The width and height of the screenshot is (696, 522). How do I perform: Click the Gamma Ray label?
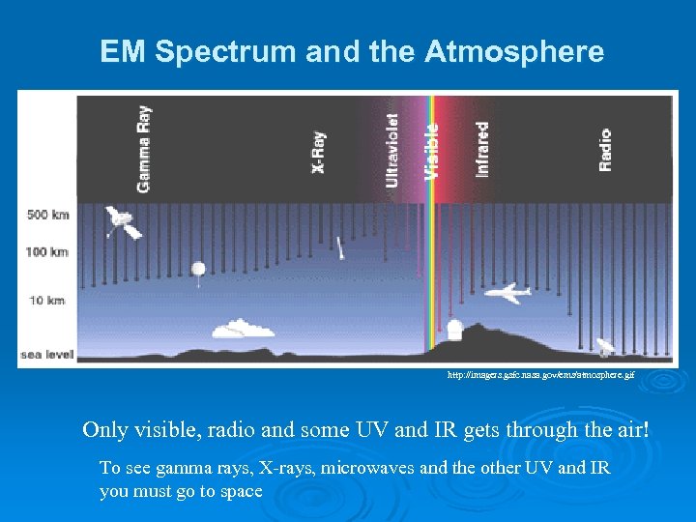(x=143, y=148)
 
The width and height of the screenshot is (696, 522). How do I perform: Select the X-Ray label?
(x=318, y=153)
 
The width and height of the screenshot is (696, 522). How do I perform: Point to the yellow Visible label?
(x=432, y=150)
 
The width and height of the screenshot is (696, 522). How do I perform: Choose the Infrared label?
(x=481, y=148)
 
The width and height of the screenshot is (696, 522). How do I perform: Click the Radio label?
(x=605, y=150)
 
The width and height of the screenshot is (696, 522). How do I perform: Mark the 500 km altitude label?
(x=47, y=216)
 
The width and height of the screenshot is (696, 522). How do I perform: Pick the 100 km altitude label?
(x=47, y=252)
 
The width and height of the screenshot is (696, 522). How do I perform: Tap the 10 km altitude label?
(x=47, y=301)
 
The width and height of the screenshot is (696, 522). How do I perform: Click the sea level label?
(x=46, y=355)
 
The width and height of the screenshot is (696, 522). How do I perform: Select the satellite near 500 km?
(x=122, y=222)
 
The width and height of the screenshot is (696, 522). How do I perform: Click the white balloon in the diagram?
(x=199, y=269)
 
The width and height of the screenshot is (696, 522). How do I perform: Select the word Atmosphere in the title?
(x=515, y=51)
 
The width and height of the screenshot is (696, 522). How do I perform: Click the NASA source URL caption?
(x=540, y=374)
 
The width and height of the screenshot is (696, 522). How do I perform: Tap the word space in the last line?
(x=241, y=491)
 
